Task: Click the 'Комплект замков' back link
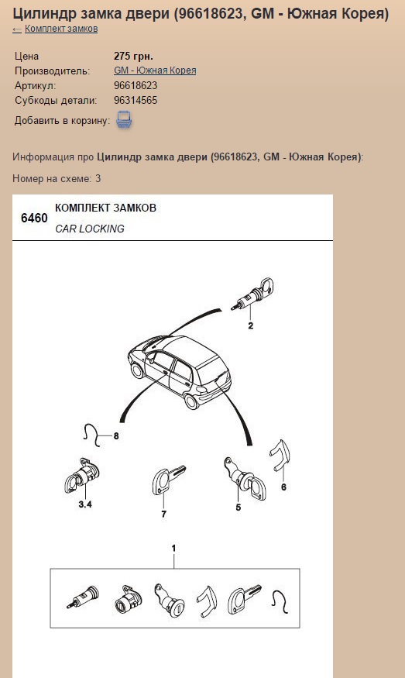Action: [61, 29]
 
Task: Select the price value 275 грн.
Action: [133, 56]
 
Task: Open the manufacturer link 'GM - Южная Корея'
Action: [155, 71]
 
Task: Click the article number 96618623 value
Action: [136, 85]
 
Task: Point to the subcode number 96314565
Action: [136, 100]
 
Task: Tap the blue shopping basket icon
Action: [125, 120]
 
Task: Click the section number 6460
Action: [34, 218]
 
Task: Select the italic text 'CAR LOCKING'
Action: [90, 229]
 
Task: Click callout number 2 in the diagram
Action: [251, 325]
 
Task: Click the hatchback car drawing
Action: [180, 371]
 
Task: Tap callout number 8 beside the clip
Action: [116, 436]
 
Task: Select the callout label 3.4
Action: [85, 504]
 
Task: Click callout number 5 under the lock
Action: [239, 508]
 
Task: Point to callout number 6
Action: [283, 487]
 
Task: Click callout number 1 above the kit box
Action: [173, 549]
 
